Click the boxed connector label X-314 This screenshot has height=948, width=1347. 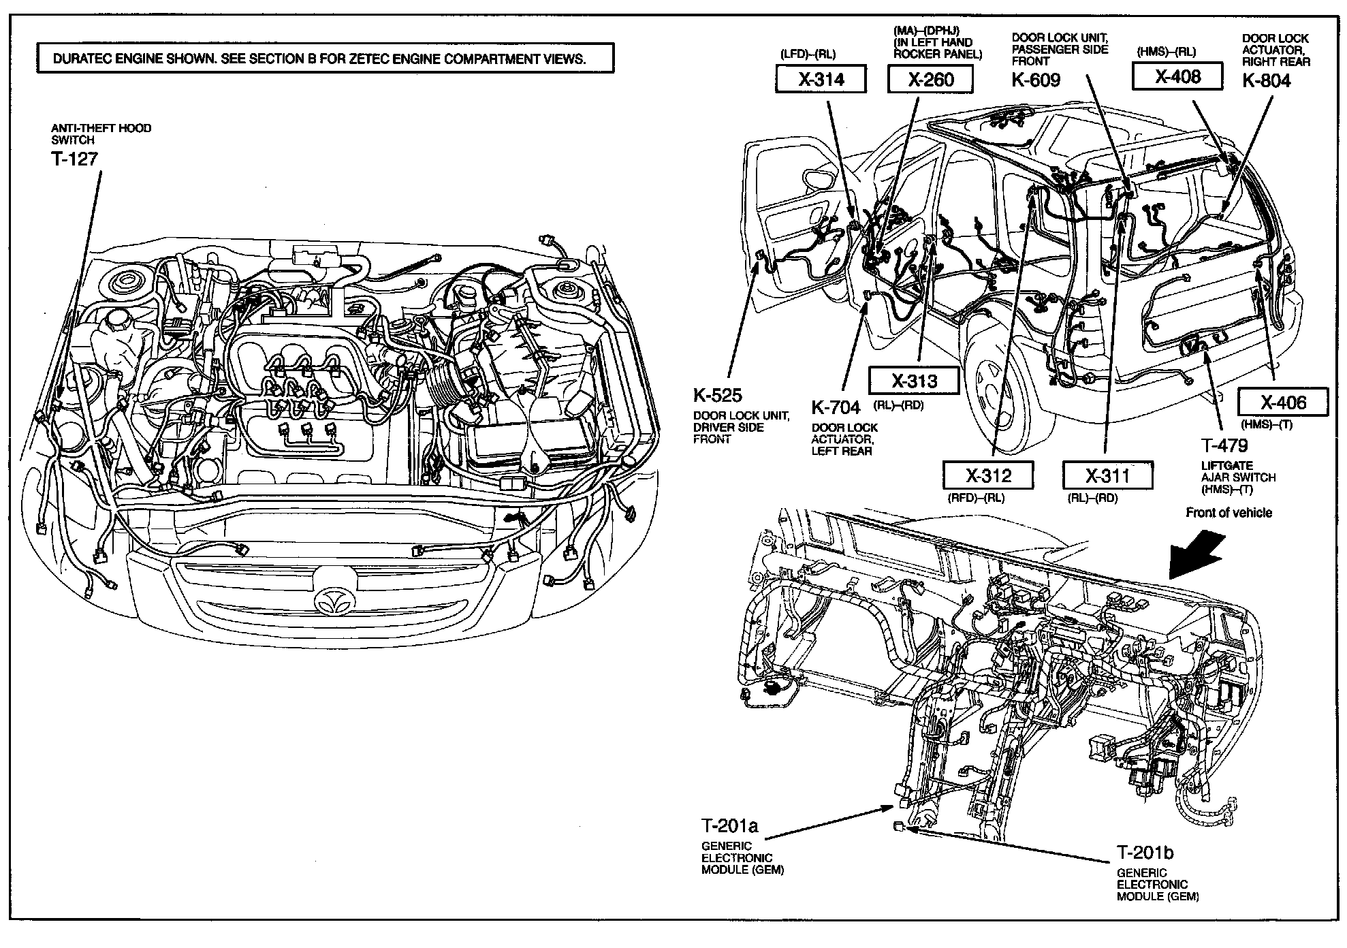click(x=821, y=80)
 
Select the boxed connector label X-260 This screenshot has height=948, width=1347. click(x=930, y=80)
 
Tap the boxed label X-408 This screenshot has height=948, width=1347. click(x=1177, y=76)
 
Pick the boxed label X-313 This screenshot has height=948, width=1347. click(x=914, y=381)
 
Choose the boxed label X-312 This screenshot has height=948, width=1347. click(x=987, y=475)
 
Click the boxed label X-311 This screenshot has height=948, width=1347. click(x=1107, y=475)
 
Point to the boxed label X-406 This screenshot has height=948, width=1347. click(x=1283, y=402)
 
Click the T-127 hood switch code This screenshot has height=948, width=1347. click(x=75, y=159)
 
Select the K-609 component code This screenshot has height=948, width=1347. click(x=1036, y=80)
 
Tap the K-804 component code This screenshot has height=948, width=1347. click(x=1266, y=80)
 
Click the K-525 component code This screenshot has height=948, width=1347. click(x=718, y=395)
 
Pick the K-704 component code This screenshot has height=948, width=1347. click(x=836, y=407)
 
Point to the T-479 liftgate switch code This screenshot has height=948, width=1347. click(x=1224, y=445)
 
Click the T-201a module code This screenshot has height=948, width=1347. click(x=730, y=826)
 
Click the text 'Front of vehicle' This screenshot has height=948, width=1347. click(x=1229, y=513)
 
